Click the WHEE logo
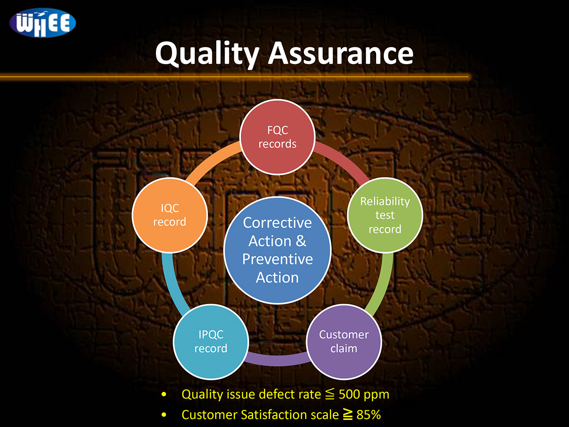tap(43, 23)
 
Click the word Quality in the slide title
tap(207, 55)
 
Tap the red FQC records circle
tap(277, 137)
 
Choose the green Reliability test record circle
tap(385, 215)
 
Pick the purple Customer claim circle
tap(344, 342)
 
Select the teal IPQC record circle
tap(211, 342)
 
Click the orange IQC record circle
tap(170, 215)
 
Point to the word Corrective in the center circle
tap(277, 223)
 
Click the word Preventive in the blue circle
tap(278, 259)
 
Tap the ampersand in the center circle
tap(301, 241)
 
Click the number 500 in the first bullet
tap(349, 394)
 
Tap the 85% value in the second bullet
tap(368, 415)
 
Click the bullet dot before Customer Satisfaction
tap(164, 415)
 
